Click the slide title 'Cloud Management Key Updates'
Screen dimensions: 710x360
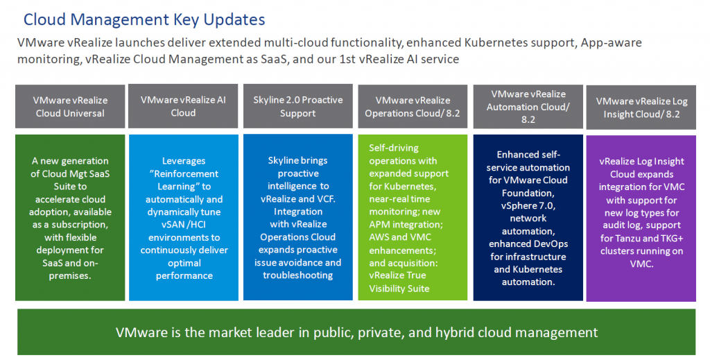(144, 19)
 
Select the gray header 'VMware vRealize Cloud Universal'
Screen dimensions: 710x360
(70, 106)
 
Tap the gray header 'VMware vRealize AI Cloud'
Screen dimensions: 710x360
(183, 106)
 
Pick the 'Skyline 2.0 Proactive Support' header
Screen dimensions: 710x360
(298, 106)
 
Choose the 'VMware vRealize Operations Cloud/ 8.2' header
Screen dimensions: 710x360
(413, 106)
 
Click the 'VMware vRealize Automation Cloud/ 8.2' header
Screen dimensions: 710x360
(528, 106)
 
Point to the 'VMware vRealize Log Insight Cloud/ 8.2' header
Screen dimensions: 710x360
(641, 108)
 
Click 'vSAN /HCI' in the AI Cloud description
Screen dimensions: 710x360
(184, 225)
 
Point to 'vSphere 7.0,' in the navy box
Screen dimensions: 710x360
(528, 205)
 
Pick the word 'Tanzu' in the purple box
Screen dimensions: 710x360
(627, 238)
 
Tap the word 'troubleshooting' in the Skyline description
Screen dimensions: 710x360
(298, 275)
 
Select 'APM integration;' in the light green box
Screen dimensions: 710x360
(406, 225)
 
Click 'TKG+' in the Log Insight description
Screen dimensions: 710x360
(670, 238)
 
